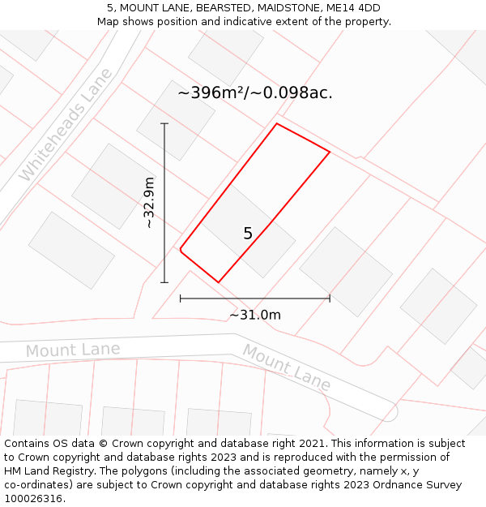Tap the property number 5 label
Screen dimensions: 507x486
point(248,234)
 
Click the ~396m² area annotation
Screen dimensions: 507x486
point(255,92)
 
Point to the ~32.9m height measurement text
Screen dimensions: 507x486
point(148,203)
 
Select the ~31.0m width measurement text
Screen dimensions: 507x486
point(255,315)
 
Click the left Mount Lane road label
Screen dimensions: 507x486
point(73,350)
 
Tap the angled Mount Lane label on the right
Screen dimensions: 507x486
point(287,367)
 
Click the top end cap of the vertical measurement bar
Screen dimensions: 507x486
point(164,123)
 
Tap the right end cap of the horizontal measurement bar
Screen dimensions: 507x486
point(330,298)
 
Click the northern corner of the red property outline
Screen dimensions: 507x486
point(277,124)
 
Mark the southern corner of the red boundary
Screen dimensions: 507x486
point(219,282)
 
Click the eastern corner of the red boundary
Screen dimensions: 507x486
point(330,152)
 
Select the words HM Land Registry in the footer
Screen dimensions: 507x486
point(45,470)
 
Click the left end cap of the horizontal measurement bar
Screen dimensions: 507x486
point(180,298)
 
